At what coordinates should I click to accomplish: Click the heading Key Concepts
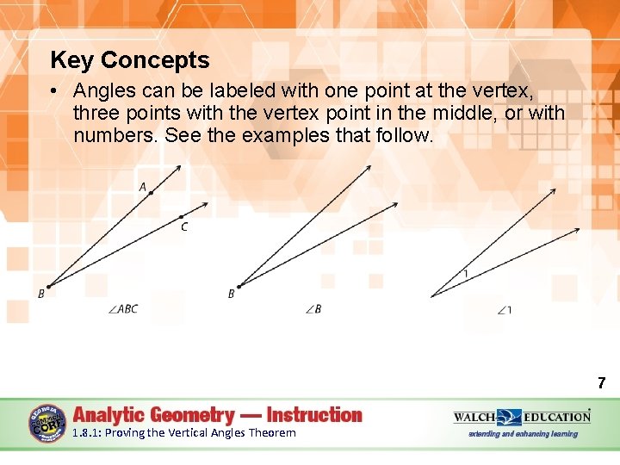[130, 60]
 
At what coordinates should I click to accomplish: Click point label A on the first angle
[142, 186]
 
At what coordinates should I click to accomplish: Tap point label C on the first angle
[184, 227]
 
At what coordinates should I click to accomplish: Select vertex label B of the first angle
[41, 294]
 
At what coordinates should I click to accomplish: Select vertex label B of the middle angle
[231, 294]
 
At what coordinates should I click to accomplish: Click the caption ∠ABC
[123, 309]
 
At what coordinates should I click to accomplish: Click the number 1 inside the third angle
[466, 274]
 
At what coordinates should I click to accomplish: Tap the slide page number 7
[601, 383]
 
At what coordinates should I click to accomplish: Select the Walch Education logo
[522, 417]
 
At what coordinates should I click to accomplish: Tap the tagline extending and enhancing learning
[523, 434]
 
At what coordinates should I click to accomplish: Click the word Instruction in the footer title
[314, 415]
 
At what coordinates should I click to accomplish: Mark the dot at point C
[181, 217]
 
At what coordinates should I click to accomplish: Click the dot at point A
[151, 194]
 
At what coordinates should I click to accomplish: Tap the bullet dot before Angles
[54, 91]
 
